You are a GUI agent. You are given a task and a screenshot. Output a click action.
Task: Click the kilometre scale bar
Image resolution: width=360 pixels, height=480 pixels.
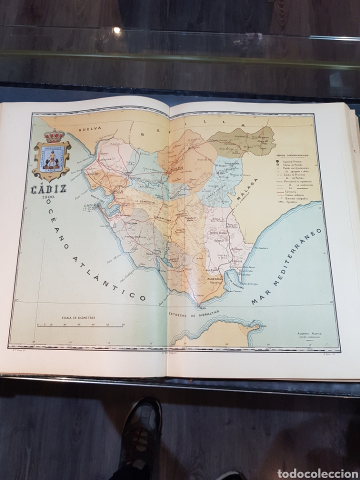(x=80, y=325)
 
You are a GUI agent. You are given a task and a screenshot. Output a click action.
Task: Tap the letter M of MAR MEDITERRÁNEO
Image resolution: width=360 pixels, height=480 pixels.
(x=256, y=303)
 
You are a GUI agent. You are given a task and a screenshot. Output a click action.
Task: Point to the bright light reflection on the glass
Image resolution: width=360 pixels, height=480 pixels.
(x=116, y=30)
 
